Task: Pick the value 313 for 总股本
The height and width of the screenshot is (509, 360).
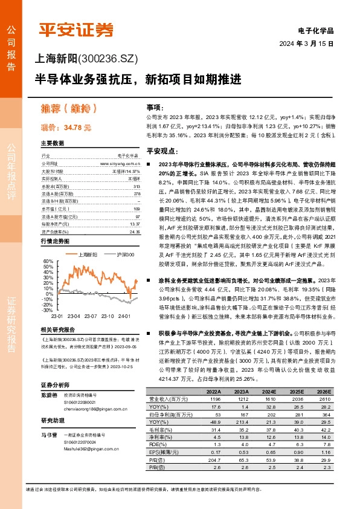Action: coord(136,186)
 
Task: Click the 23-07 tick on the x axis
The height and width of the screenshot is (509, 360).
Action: coord(91,316)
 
